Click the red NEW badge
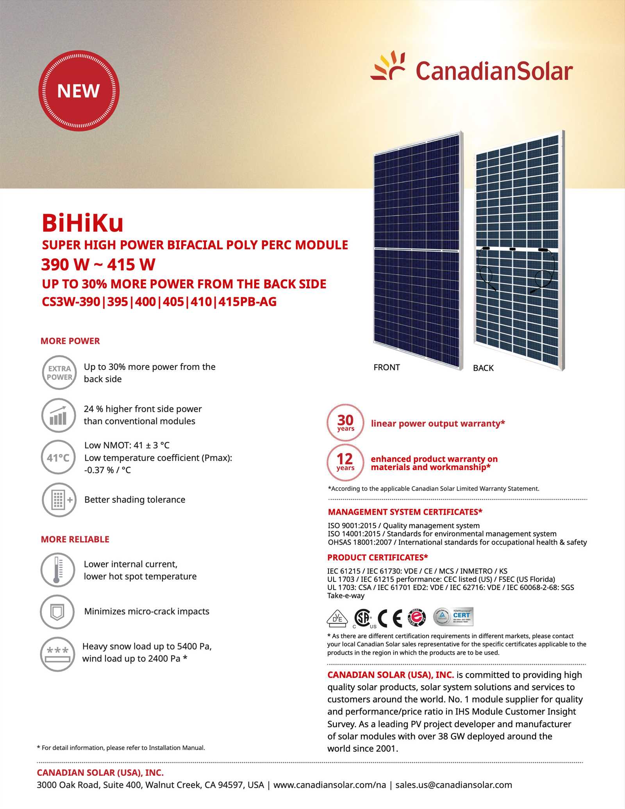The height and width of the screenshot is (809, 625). pyautogui.click(x=79, y=91)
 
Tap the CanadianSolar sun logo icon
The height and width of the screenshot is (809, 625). pyautogui.click(x=388, y=67)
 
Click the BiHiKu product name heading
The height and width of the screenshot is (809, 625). pyautogui.click(x=82, y=223)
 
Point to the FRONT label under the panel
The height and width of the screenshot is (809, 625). pyautogui.click(x=387, y=368)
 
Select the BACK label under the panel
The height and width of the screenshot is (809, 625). pyautogui.click(x=483, y=368)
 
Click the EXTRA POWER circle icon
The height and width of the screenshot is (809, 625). pyautogui.click(x=59, y=373)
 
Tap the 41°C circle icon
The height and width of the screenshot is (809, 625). pyautogui.click(x=58, y=457)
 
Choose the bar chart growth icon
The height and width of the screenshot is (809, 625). pyautogui.click(x=58, y=415)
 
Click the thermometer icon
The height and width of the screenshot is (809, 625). pyautogui.click(x=57, y=570)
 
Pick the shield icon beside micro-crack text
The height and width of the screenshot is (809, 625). pyautogui.click(x=57, y=612)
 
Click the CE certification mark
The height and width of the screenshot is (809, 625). pyautogui.click(x=389, y=618)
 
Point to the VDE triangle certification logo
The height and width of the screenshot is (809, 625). pyautogui.click(x=337, y=618)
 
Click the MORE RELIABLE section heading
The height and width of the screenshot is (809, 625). pyautogui.click(x=75, y=539)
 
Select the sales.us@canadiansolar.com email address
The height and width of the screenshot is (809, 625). pyautogui.click(x=454, y=785)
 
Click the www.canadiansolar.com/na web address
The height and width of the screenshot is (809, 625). pyautogui.click(x=329, y=785)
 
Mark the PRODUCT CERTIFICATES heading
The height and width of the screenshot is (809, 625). pyautogui.click(x=377, y=557)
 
